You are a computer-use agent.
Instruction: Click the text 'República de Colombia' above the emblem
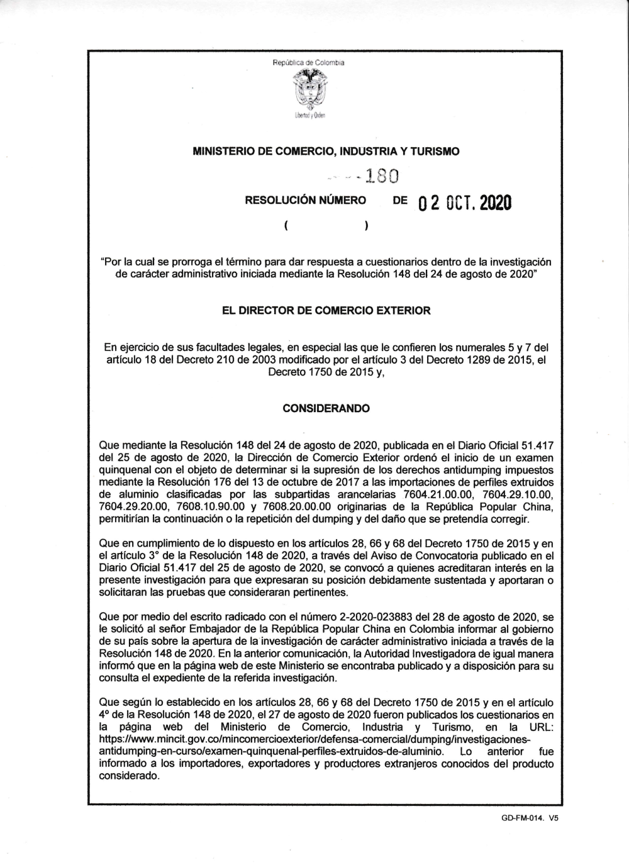coord(308,62)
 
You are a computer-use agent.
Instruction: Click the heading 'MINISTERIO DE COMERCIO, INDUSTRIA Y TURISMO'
coord(326,152)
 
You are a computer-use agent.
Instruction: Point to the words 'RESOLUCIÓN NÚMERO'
coord(305,201)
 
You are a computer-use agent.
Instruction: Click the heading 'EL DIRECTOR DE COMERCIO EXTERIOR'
coord(326,310)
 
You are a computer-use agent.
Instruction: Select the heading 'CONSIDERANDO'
coord(326,408)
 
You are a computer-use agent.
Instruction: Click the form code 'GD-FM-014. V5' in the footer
coord(530,818)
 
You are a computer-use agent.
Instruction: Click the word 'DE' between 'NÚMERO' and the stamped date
coord(399,201)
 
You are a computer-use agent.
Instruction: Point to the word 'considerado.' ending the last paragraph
coord(129,776)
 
